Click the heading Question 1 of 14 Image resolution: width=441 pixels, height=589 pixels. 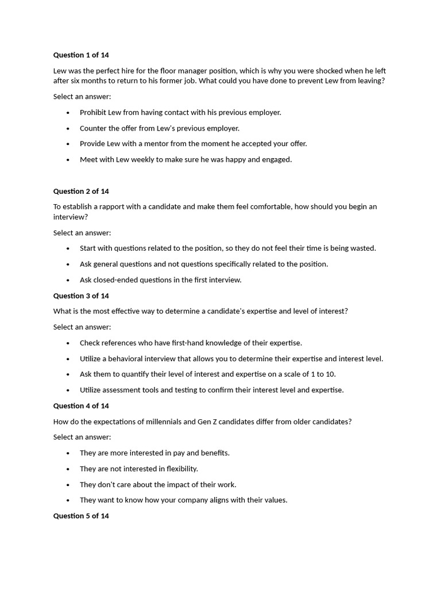[x=81, y=55]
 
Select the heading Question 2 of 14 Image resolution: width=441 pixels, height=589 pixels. [x=81, y=192]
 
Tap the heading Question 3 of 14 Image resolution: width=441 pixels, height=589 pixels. [x=81, y=296]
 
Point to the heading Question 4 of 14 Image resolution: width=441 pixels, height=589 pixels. [x=81, y=406]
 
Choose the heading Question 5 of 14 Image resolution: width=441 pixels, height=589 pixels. [x=81, y=516]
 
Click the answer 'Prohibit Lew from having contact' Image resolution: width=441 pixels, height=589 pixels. [x=180, y=113]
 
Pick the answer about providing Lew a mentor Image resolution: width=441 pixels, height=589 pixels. [x=193, y=144]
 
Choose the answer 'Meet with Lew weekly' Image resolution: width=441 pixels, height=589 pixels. [x=185, y=160]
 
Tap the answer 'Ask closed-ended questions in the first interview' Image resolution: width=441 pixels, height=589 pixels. [x=161, y=280]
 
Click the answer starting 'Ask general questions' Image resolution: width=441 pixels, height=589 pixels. [x=204, y=265]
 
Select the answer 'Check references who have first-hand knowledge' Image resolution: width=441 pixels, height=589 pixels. [x=191, y=343]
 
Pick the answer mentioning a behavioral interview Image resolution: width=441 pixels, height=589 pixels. [x=231, y=359]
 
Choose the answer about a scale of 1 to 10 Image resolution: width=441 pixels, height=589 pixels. [x=208, y=374]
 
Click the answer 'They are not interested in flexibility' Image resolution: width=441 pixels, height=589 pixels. [x=138, y=469]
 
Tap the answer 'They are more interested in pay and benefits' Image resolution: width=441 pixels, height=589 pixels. [x=154, y=453]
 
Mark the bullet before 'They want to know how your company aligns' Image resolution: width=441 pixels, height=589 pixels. [x=68, y=500]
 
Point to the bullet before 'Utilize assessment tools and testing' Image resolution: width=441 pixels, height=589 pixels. [x=68, y=391]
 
